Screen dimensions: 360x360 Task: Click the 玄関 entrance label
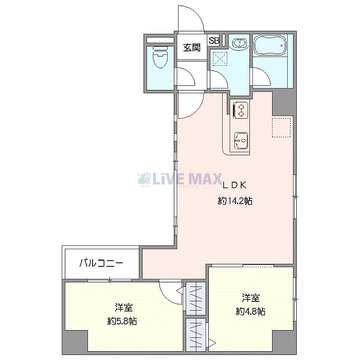point(192,48)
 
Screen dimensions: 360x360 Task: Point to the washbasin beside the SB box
point(238,45)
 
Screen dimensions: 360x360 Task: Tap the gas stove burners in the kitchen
point(240,110)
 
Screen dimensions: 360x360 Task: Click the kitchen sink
point(241,139)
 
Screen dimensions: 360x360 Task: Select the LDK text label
point(235,185)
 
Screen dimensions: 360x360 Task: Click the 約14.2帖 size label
point(235,202)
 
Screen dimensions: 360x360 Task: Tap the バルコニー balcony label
point(101,263)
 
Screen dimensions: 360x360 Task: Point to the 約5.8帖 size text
point(122,321)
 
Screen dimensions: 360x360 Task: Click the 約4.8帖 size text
point(250,311)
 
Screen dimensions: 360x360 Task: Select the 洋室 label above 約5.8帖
point(124,308)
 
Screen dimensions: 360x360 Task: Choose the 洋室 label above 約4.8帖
point(251,298)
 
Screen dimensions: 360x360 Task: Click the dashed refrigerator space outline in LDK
point(282,128)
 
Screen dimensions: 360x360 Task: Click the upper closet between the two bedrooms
point(195,298)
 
